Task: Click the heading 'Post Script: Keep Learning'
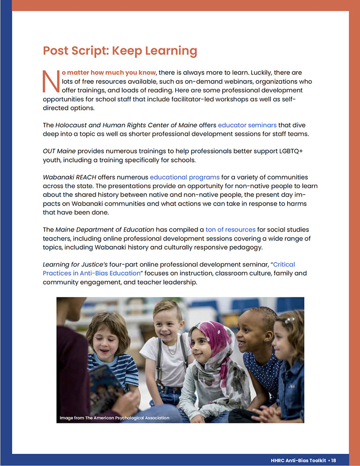tap(120, 51)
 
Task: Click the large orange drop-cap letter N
tap(49, 81)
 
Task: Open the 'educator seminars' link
tap(247, 125)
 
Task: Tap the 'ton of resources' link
tap(230, 229)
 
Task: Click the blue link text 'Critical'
tap(284, 264)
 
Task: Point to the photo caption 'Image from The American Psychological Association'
tap(114, 418)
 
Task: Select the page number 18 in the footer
tap(333, 460)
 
